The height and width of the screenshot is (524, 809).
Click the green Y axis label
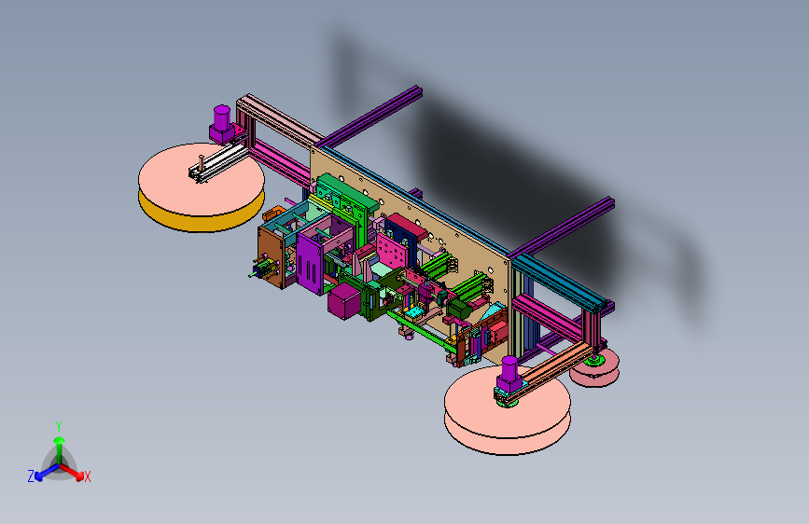(x=59, y=427)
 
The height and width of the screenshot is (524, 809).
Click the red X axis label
(x=87, y=477)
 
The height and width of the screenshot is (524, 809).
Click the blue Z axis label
(x=31, y=476)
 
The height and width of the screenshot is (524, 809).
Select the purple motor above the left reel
(x=222, y=125)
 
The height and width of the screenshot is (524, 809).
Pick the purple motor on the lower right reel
(x=509, y=376)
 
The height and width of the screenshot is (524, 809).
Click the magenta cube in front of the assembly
(x=343, y=302)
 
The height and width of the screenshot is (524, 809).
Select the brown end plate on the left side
(x=271, y=258)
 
